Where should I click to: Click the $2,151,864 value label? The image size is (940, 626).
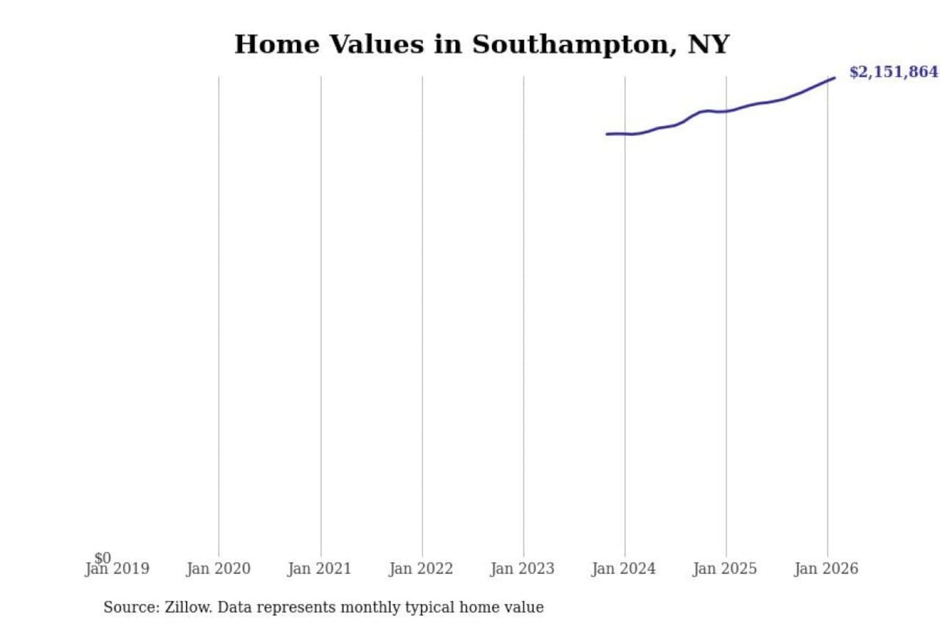[893, 72]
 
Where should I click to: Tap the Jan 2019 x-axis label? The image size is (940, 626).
[117, 569]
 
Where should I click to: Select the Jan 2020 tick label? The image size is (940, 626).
[218, 569]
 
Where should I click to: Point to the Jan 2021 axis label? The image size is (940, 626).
[319, 569]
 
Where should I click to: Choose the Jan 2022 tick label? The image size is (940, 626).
[421, 569]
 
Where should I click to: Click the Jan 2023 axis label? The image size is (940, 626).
[522, 569]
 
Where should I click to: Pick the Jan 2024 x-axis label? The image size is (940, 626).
[623, 569]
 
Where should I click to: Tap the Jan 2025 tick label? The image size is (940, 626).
[725, 569]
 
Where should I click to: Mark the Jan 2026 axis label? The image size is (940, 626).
[826, 569]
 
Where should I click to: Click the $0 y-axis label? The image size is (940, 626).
[102, 558]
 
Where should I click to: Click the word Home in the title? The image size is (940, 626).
[277, 44]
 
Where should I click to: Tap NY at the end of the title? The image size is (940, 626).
[708, 44]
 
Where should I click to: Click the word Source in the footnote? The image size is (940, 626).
[131, 607]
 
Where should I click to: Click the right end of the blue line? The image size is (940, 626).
[834, 78]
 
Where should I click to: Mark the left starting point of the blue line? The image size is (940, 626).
[607, 134]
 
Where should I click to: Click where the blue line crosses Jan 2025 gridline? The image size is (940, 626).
[726, 112]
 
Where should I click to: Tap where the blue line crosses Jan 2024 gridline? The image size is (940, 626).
[625, 134]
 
